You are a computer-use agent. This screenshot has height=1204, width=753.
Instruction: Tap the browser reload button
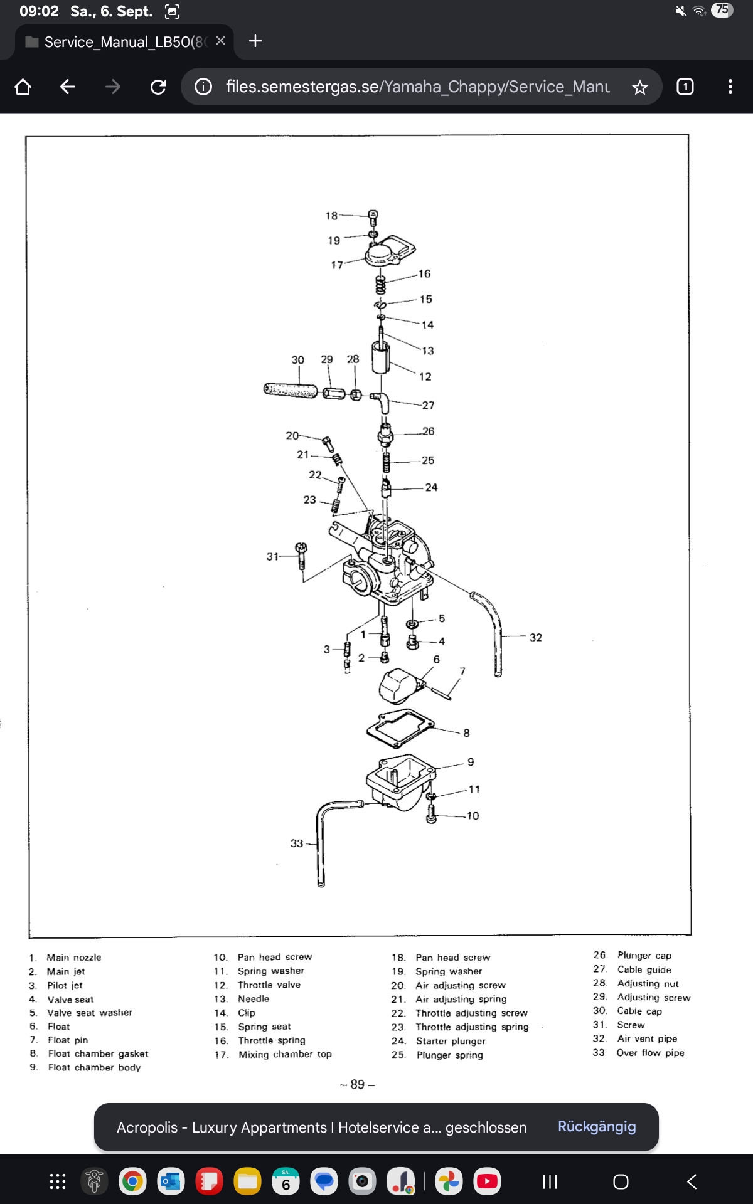pos(158,87)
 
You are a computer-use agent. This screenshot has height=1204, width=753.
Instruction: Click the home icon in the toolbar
pos(23,87)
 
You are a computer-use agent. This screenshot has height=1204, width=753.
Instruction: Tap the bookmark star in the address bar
pos(639,87)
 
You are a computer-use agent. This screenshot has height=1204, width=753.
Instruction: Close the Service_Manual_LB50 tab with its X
pos(220,41)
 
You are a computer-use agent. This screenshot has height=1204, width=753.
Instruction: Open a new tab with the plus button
pos(255,41)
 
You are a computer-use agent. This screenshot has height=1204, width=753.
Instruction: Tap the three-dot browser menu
pos(730,87)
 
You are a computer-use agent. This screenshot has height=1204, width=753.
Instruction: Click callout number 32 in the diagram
pos(535,637)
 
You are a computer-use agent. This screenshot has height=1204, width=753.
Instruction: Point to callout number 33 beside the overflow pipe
pos(297,843)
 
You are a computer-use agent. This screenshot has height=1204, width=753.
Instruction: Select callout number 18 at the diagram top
pos(331,216)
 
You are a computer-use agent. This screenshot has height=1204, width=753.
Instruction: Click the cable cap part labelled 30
pos(290,390)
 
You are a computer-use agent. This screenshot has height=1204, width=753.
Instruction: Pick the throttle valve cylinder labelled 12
pos(381,357)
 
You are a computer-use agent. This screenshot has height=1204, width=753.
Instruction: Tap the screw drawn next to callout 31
pos(302,555)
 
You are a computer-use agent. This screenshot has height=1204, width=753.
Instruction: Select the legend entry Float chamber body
pos(94,1067)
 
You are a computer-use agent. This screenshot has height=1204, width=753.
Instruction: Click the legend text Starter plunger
pos(451,1041)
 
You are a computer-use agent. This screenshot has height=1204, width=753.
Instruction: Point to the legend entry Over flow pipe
pos(650,1053)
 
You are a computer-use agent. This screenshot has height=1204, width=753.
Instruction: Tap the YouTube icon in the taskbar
pos(488,1182)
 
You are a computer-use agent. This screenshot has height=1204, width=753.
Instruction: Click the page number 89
pos(357,1084)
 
